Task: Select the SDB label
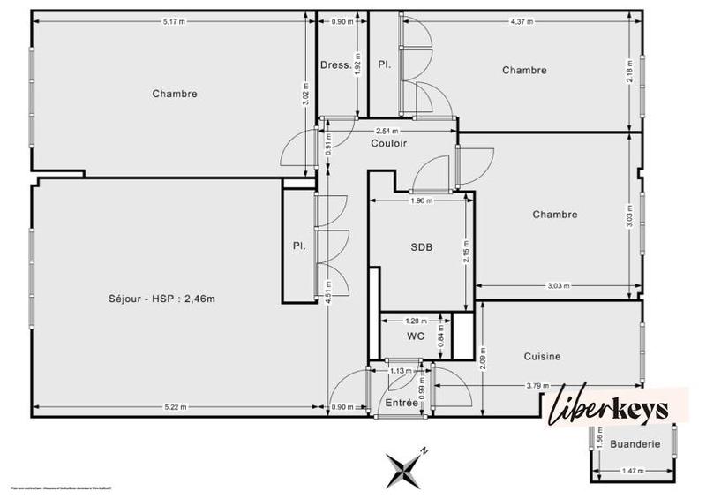click(x=421, y=248)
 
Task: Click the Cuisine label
click(x=542, y=357)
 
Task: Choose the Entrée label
click(x=402, y=403)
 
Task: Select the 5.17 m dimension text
click(x=174, y=21)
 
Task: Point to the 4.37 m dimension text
click(x=522, y=21)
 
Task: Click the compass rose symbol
click(x=407, y=466)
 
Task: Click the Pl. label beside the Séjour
click(x=299, y=246)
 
